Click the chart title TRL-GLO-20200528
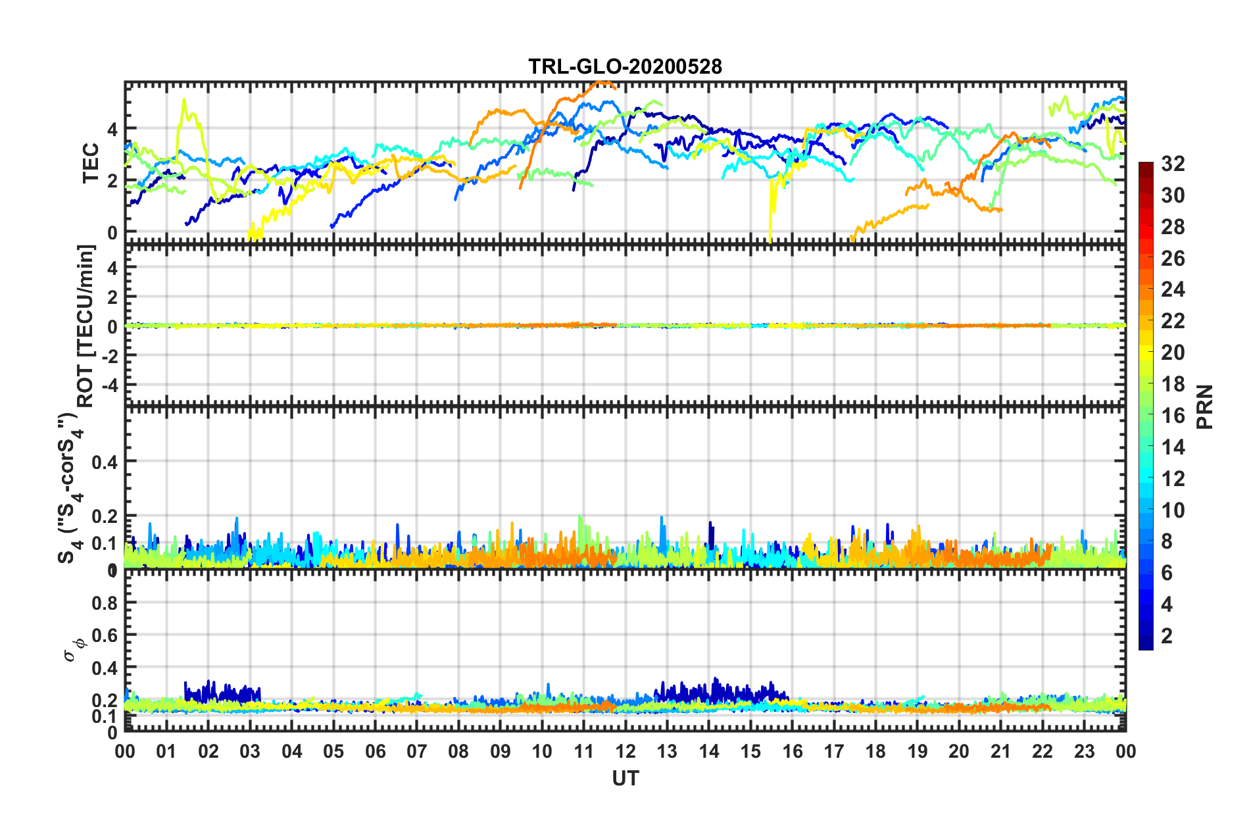(x=625, y=66)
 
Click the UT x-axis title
(x=625, y=779)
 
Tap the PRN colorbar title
(x=1205, y=407)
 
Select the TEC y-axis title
(x=90, y=162)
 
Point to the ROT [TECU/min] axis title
(x=86, y=326)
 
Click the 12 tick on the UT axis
(x=625, y=751)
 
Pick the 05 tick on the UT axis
(x=333, y=751)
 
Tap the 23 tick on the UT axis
(x=1084, y=751)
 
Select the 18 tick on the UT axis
(x=875, y=751)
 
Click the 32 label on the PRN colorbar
(x=1173, y=164)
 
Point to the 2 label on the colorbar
(x=1167, y=635)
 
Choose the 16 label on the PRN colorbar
(x=1173, y=416)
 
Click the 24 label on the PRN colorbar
(x=1173, y=289)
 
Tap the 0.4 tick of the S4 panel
(x=105, y=462)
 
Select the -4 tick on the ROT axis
(x=110, y=383)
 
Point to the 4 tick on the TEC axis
(x=112, y=129)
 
